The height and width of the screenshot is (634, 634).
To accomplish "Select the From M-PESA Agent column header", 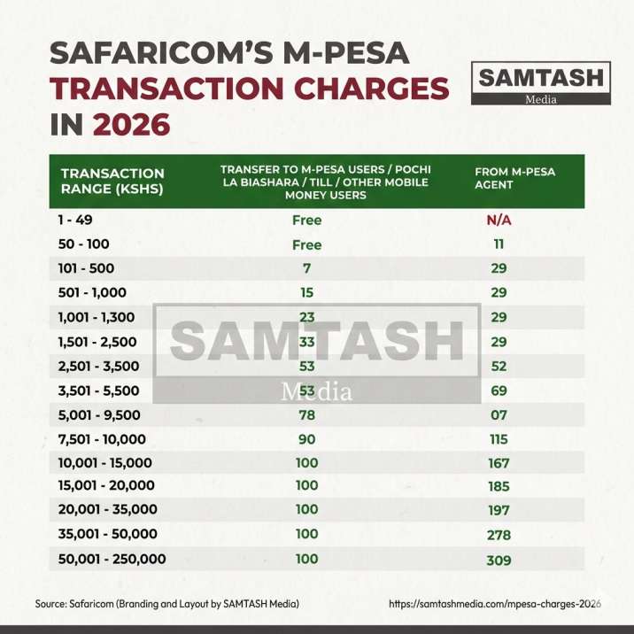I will [515, 177].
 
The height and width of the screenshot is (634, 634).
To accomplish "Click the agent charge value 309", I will [499, 560].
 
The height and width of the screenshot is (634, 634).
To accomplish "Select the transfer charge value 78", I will [307, 414].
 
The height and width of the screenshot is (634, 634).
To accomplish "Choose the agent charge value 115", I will [499, 439].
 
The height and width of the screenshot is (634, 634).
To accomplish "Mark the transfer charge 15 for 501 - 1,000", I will [307, 292].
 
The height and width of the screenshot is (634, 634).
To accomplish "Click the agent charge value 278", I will [499, 535].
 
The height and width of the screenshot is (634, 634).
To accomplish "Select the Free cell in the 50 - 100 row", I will [307, 244].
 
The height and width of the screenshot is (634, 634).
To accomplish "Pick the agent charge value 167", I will [499, 462].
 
